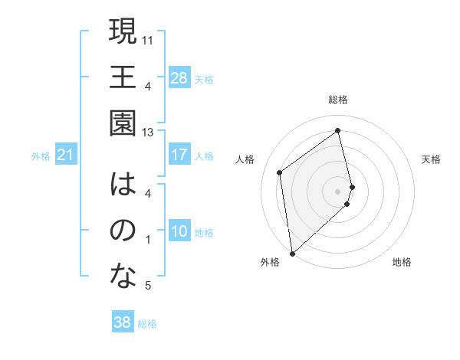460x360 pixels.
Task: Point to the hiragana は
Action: tap(123, 185)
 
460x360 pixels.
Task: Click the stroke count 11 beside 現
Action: tap(148, 39)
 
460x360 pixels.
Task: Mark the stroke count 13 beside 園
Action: tap(148, 133)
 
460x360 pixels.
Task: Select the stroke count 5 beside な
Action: tap(148, 286)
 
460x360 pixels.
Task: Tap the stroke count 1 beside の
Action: tap(148, 240)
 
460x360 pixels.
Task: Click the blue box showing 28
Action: tap(179, 78)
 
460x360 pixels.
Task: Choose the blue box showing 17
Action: tap(179, 155)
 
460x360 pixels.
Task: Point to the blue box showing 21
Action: tap(66, 155)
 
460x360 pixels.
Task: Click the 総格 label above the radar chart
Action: tap(338, 100)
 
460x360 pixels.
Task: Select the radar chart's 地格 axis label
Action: tap(402, 263)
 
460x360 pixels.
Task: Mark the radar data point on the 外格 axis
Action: tap(291, 254)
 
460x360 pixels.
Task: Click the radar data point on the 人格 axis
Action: tap(280, 172)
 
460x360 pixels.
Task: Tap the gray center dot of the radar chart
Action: tap(338, 190)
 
